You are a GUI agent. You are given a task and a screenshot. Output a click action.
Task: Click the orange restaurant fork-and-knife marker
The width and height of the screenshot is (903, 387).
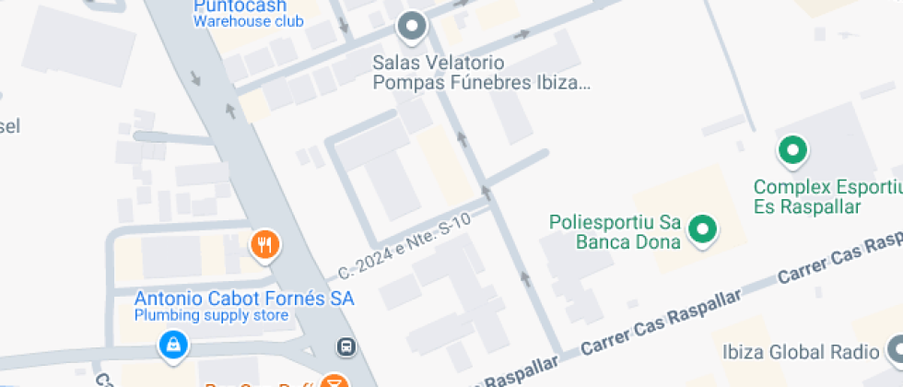265,244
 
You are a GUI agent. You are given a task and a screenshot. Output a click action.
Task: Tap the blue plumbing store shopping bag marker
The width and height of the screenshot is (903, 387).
172,346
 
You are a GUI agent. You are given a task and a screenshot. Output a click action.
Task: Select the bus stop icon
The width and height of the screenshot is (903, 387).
346,347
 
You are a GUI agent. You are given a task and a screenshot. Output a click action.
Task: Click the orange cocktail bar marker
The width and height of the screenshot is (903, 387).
334,381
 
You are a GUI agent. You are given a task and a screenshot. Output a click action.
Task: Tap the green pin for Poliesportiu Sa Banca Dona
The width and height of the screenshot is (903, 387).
705,229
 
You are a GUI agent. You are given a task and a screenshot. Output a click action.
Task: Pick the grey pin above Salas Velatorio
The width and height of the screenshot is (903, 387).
412,27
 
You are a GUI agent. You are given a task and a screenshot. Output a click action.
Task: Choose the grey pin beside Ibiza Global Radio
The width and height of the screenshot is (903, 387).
895,350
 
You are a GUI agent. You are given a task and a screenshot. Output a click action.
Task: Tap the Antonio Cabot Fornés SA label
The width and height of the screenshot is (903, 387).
244,299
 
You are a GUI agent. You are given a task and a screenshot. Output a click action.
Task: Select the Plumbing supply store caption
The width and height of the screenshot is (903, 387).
212,316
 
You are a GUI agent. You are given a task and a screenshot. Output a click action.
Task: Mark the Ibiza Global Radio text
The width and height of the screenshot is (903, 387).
800,352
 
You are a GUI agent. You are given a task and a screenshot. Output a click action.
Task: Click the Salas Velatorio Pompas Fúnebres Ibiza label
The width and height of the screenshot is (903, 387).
480,73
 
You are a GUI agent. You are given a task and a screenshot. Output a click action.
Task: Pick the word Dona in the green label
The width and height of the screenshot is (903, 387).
661,242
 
